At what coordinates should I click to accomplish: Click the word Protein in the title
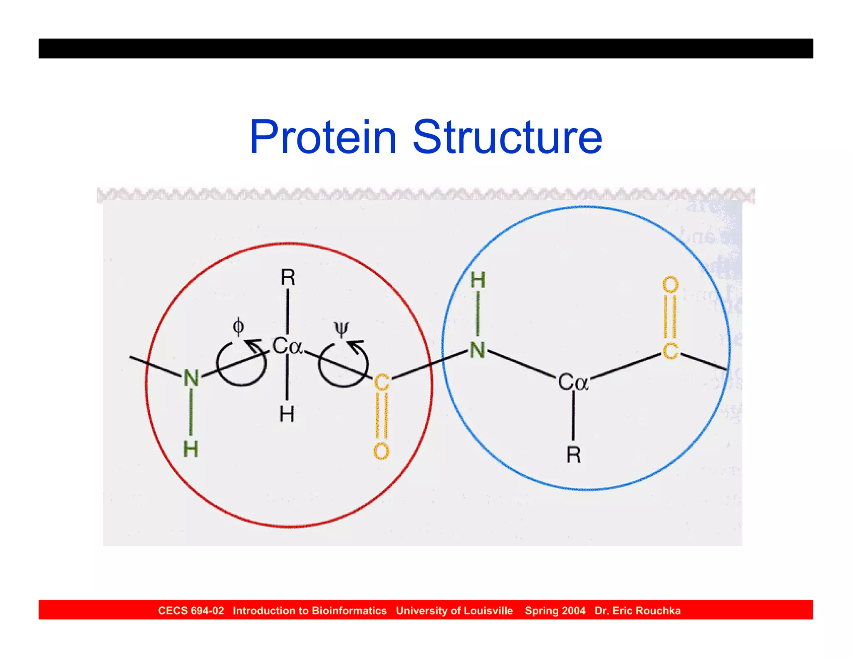point(323,137)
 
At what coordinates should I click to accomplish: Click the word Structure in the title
point(507,137)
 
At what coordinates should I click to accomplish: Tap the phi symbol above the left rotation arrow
point(238,327)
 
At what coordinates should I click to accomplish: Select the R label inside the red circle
point(288,277)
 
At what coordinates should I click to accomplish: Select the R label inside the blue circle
point(573,455)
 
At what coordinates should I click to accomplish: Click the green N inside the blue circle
point(478,350)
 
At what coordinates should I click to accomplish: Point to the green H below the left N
point(191,449)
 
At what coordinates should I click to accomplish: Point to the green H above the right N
point(478,280)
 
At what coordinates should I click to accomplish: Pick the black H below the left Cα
point(287,414)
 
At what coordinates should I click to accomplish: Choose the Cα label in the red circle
point(287,346)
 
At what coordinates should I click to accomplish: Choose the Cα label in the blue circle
point(573,382)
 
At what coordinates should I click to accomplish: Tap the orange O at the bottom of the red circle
point(381,451)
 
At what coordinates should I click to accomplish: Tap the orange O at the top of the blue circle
point(670,285)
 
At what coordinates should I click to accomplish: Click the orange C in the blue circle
point(670,351)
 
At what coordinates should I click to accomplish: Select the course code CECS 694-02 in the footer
point(191,611)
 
